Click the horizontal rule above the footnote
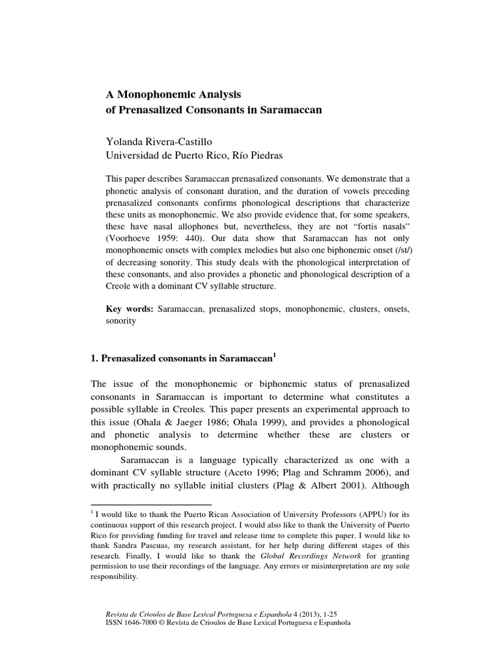[150, 505]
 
